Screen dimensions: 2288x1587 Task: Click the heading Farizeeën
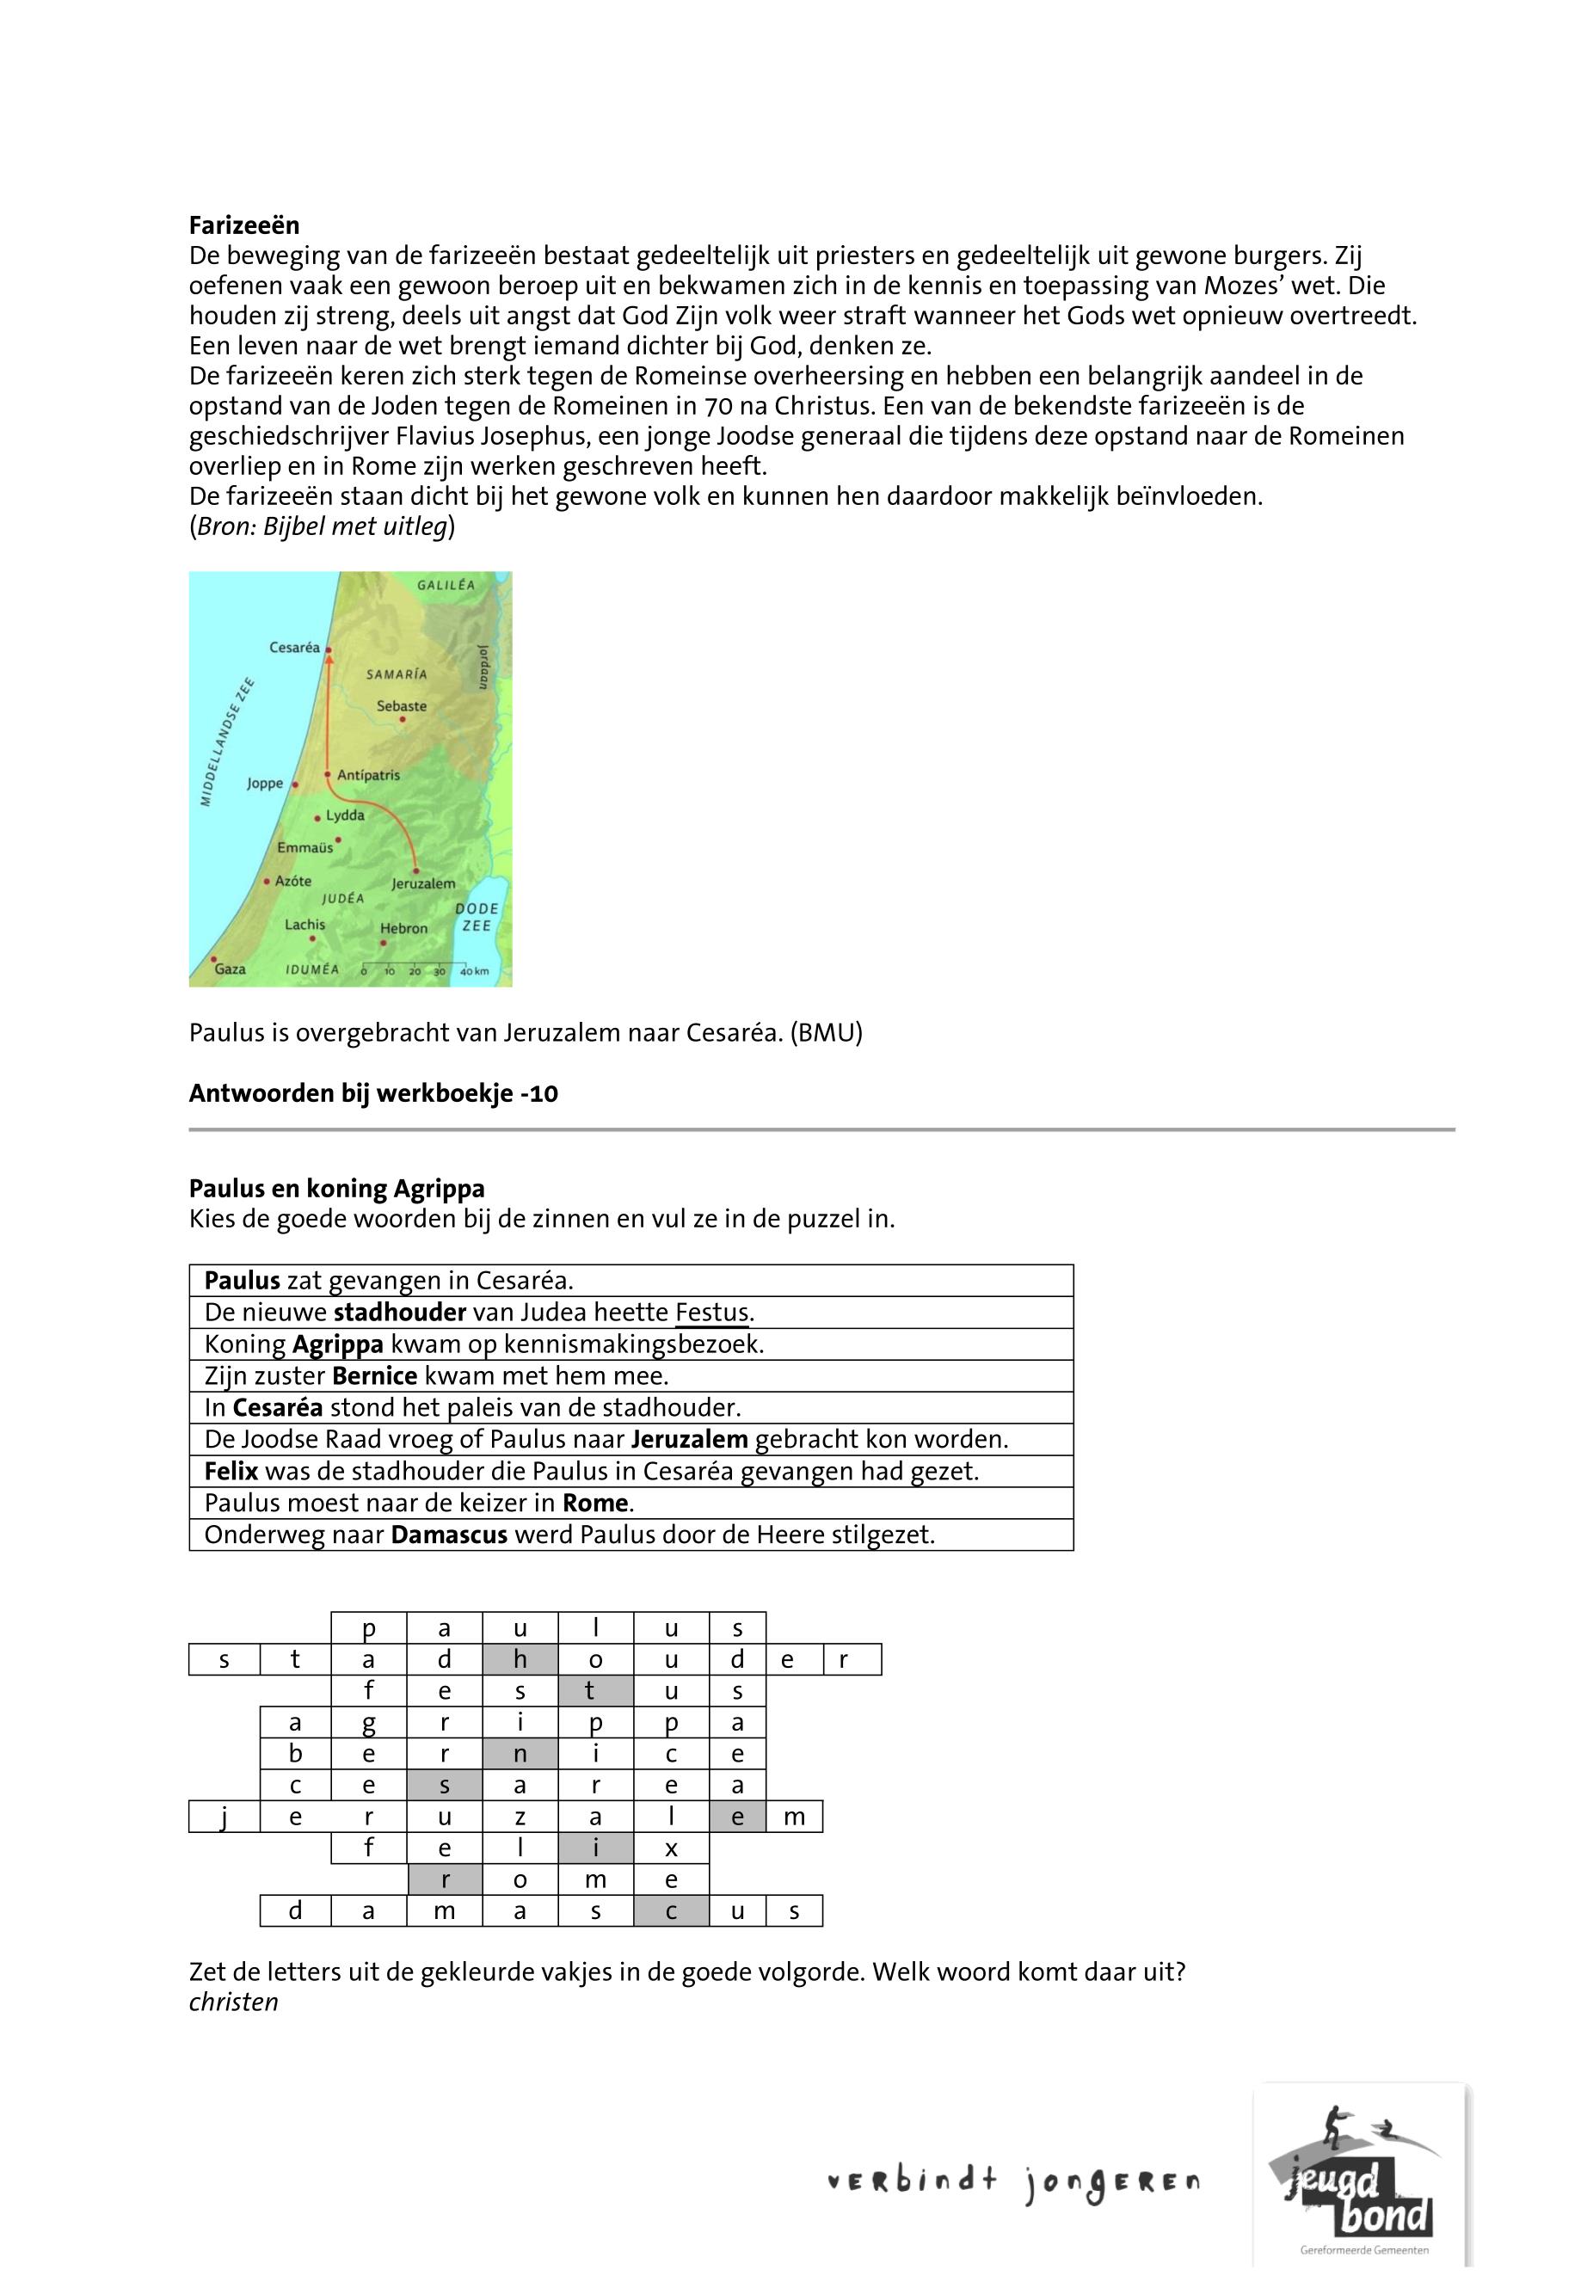pyautogui.click(x=243, y=224)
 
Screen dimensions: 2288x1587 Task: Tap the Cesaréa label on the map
pyautogui.click(x=294, y=648)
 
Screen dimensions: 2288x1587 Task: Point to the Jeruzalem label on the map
pyautogui.click(x=423, y=883)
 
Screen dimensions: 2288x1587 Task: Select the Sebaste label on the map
pyautogui.click(x=402, y=706)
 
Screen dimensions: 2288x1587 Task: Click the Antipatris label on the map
pyautogui.click(x=368, y=775)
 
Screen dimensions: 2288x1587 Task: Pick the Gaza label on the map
pyautogui.click(x=230, y=969)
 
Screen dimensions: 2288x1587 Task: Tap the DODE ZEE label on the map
pyautogui.click(x=477, y=917)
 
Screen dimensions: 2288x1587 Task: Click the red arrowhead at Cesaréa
pyautogui.click(x=329, y=654)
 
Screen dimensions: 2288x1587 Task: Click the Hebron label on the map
pyautogui.click(x=403, y=929)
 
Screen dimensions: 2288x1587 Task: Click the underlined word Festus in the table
pyautogui.click(x=712, y=1313)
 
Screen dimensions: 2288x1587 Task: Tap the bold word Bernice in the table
pyautogui.click(x=375, y=1376)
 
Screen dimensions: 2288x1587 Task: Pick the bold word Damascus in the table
pyautogui.click(x=450, y=1535)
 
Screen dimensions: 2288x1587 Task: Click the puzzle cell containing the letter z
pyautogui.click(x=520, y=1817)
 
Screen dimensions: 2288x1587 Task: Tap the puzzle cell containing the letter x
pyautogui.click(x=671, y=1849)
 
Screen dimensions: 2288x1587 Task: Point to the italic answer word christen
pyautogui.click(x=234, y=2002)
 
